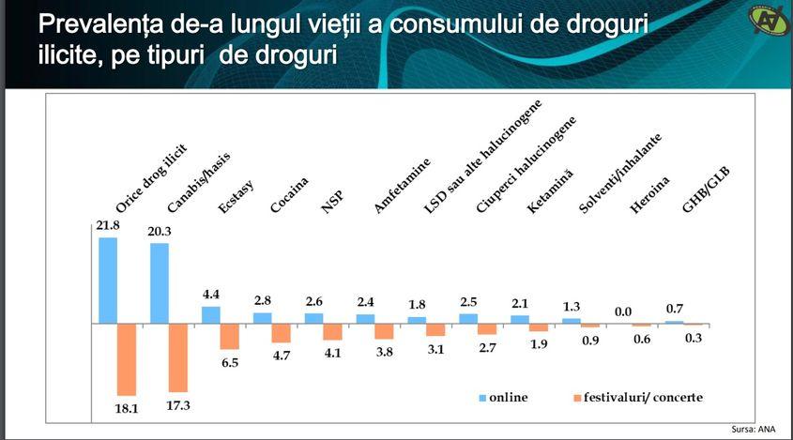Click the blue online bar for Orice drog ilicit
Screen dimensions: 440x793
click(x=108, y=280)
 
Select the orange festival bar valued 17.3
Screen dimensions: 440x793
click(x=178, y=357)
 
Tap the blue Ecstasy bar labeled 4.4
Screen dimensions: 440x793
click(x=211, y=315)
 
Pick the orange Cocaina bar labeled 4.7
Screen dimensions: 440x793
click(x=282, y=333)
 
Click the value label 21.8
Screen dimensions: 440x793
click(x=108, y=225)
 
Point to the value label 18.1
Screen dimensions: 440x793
click(x=127, y=408)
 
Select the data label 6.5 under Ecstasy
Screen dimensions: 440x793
click(x=230, y=362)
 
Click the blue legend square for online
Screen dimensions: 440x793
click(x=482, y=398)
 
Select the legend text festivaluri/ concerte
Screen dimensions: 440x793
click(x=643, y=398)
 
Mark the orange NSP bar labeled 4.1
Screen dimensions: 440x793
click(x=333, y=331)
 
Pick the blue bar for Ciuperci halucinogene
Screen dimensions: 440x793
click(x=469, y=318)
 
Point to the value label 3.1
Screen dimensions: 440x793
click(x=435, y=349)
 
